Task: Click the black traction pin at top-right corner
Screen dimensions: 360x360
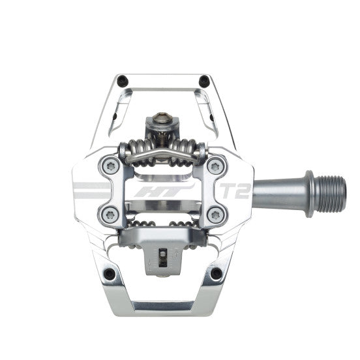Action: (x=203, y=82)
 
